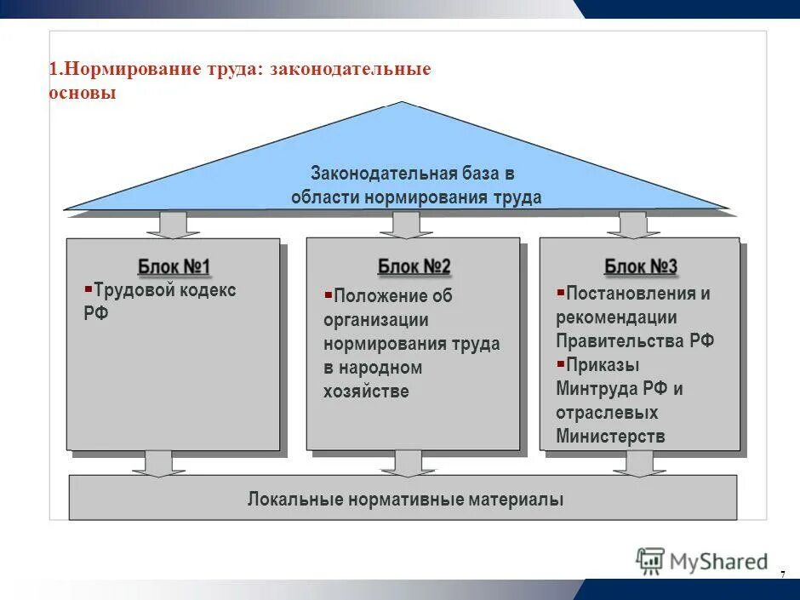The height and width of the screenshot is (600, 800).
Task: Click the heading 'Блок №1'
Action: pos(174,266)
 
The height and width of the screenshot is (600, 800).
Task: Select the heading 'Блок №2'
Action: pos(414,266)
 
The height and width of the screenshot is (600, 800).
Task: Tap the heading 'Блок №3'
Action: pos(640,266)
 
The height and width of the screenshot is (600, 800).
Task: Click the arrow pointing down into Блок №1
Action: pos(174,224)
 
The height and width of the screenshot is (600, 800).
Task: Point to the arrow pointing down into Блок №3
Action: pos(633,224)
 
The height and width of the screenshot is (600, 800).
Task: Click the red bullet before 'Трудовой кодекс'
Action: pos(88,289)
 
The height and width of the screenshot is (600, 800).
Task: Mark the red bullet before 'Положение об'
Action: pos(328,294)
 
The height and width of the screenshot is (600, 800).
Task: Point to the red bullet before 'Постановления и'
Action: pos(560,293)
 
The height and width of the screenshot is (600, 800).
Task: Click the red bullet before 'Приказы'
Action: pos(560,364)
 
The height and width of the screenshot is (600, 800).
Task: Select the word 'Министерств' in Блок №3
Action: pos(610,437)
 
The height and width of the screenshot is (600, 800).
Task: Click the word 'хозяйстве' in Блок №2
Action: pos(366,391)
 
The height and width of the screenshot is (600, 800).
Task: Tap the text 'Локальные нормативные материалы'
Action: pos(405,499)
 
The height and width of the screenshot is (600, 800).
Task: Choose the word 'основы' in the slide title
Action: pos(83,93)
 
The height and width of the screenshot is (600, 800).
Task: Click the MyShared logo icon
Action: pos(651,561)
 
